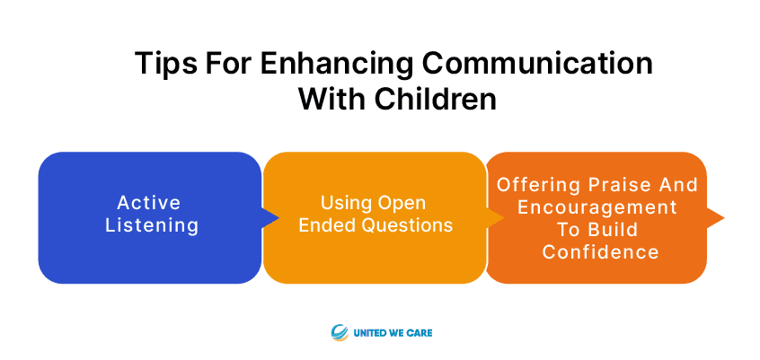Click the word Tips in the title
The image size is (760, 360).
point(166,64)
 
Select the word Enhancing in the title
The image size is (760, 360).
point(336,64)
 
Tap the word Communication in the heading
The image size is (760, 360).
point(537,64)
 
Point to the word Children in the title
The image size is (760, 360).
point(435,99)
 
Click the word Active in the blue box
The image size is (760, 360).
point(149,203)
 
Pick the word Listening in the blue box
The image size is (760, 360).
point(152,225)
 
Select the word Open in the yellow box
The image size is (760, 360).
point(402,203)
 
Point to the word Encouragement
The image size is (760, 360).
point(597,207)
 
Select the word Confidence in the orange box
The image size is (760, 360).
point(600,252)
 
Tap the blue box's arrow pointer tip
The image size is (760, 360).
point(278,217)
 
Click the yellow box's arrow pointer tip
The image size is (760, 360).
point(503,217)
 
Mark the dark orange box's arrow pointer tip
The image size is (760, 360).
point(724,217)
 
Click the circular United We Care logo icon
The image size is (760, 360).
point(340,333)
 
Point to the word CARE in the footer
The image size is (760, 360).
point(420,333)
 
